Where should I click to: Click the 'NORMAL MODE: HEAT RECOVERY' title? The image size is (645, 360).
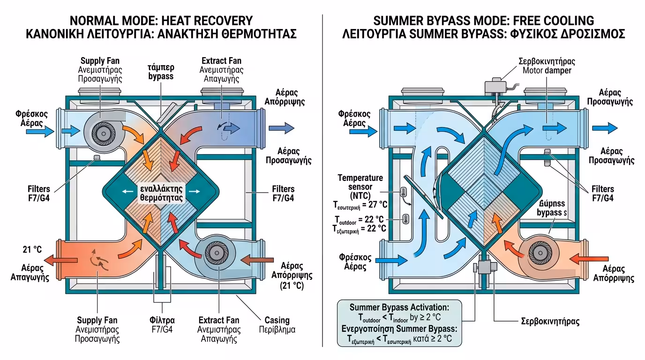[x=161, y=21]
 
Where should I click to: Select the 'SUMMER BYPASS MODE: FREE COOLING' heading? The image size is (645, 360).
[x=483, y=21]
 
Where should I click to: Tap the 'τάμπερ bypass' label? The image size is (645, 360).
[x=161, y=71]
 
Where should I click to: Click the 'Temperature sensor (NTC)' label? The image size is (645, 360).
[x=360, y=186]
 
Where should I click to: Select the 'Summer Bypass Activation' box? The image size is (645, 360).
[x=399, y=323]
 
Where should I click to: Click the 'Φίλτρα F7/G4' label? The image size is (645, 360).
[x=162, y=324]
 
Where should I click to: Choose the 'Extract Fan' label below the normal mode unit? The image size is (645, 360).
[x=219, y=321]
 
